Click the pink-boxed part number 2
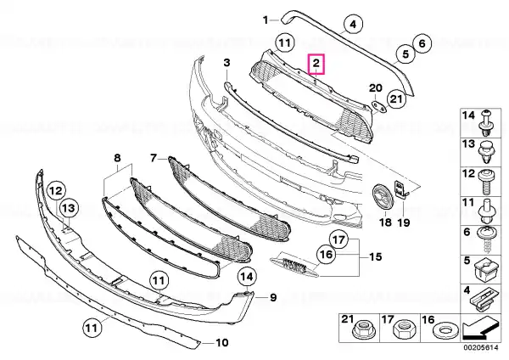pos(316,64)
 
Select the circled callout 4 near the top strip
pos(353,24)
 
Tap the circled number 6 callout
pos(422,43)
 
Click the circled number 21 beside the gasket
pos(396,98)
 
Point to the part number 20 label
pos(376,88)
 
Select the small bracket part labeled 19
pos(400,189)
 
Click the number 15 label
pos(375,257)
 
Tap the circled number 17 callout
pos(338,239)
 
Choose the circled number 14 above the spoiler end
pos(247,277)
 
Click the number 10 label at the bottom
pos(222,342)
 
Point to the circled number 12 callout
pos(56,190)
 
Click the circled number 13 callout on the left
pos(69,208)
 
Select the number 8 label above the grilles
pos(117,158)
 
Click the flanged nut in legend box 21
pos(360,331)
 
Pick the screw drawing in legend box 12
pos(486,183)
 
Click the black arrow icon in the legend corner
pos(479,329)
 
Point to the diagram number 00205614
pos(480,348)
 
